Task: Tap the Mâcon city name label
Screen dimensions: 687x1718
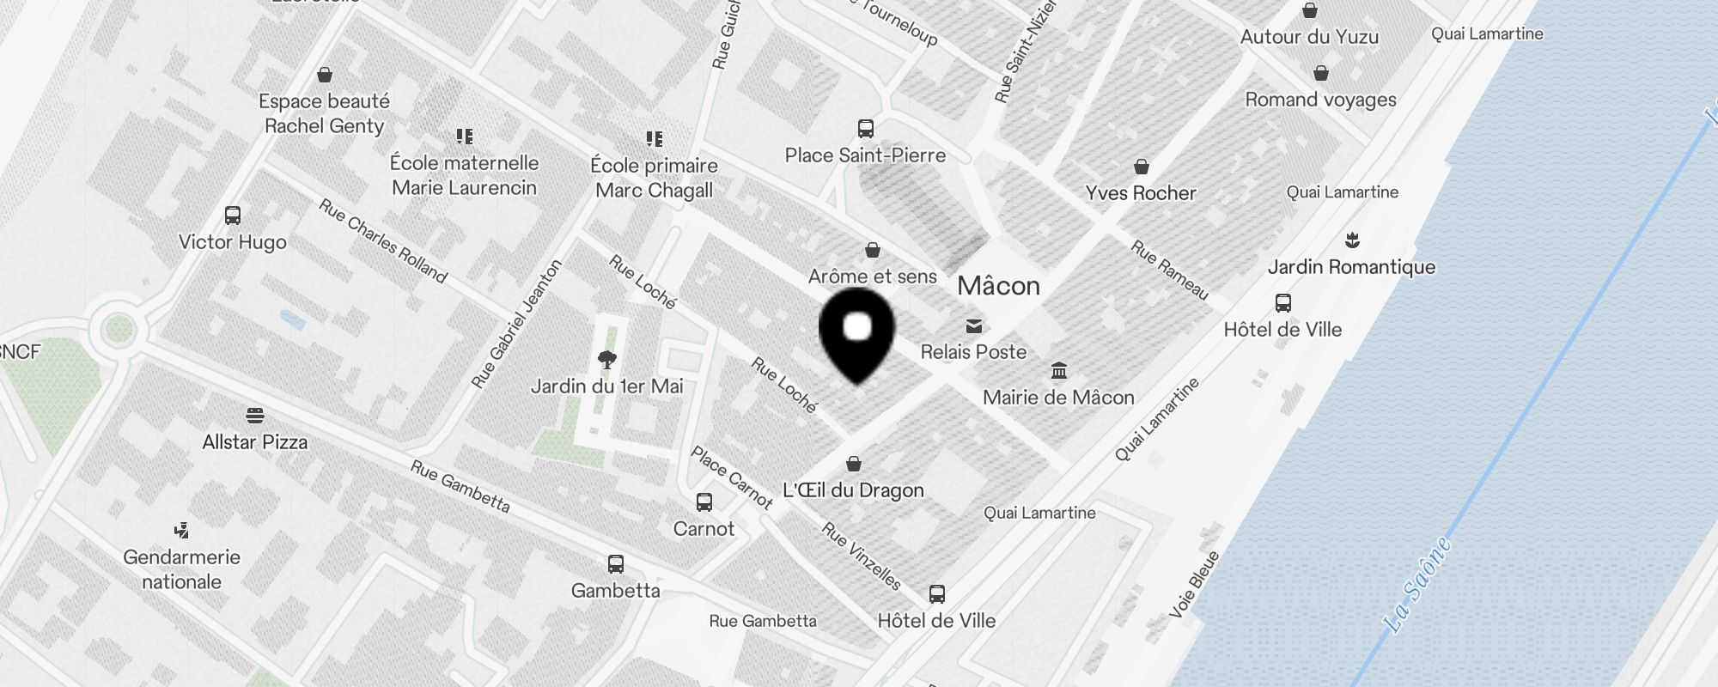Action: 998,286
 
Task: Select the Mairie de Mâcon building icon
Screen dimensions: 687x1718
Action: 1059,371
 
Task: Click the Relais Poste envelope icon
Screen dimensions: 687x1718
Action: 973,326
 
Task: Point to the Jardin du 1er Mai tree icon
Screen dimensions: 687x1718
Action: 607,359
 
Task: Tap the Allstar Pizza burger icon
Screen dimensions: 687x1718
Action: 254,416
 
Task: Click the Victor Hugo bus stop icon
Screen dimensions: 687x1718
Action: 233,216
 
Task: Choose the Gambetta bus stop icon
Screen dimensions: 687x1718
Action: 615,564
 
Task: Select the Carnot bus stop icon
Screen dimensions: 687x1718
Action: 704,502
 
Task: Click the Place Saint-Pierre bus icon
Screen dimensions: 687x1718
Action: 866,129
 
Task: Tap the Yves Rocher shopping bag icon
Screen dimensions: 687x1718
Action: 1142,167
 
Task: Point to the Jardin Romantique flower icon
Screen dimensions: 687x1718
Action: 1353,240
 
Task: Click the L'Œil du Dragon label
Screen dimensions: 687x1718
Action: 853,490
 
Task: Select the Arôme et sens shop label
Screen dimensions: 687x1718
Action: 872,277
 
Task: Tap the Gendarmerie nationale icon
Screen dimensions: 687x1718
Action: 181,531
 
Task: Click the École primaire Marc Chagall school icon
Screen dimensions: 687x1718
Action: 655,139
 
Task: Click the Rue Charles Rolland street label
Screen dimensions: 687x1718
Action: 383,241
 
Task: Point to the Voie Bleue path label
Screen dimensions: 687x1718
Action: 1195,584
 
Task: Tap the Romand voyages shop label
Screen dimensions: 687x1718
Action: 1320,100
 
